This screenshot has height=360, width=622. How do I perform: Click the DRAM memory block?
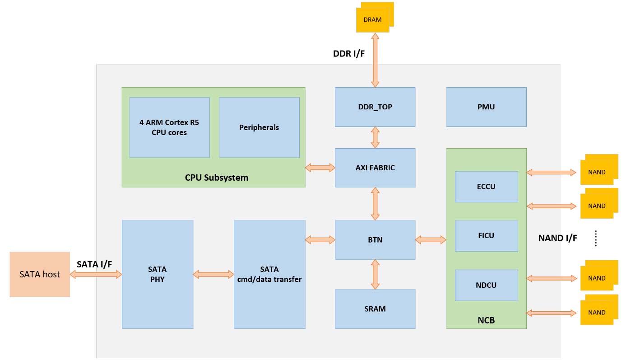[x=375, y=17]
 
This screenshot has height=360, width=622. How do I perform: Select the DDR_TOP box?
[x=375, y=107]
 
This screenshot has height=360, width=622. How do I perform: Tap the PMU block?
[x=486, y=107]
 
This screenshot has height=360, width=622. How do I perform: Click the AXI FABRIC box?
[x=375, y=168]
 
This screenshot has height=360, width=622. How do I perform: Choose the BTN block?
[x=375, y=240]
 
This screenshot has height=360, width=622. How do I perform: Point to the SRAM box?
[x=375, y=309]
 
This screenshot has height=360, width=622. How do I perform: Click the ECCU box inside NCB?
[x=486, y=187]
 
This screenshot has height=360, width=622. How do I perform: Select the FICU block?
[x=486, y=236]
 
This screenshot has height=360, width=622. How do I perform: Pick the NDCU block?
[x=486, y=285]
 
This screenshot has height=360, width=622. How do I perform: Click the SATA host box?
[x=40, y=275]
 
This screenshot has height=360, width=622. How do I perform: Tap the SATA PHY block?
[x=158, y=275]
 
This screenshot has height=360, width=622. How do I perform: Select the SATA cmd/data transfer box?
[x=269, y=275]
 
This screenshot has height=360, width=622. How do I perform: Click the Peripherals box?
[x=259, y=127]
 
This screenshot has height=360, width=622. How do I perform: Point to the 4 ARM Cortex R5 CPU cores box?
[x=169, y=127]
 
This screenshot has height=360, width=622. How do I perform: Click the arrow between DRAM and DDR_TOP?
[x=375, y=60]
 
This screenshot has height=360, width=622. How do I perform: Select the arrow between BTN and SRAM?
[x=375, y=275]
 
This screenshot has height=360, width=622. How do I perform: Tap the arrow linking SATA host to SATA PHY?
[x=96, y=275]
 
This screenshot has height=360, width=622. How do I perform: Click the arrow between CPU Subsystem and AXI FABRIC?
[x=320, y=168]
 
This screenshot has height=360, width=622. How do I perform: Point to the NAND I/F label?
[x=557, y=238]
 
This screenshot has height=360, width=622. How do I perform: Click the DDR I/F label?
[x=349, y=54]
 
